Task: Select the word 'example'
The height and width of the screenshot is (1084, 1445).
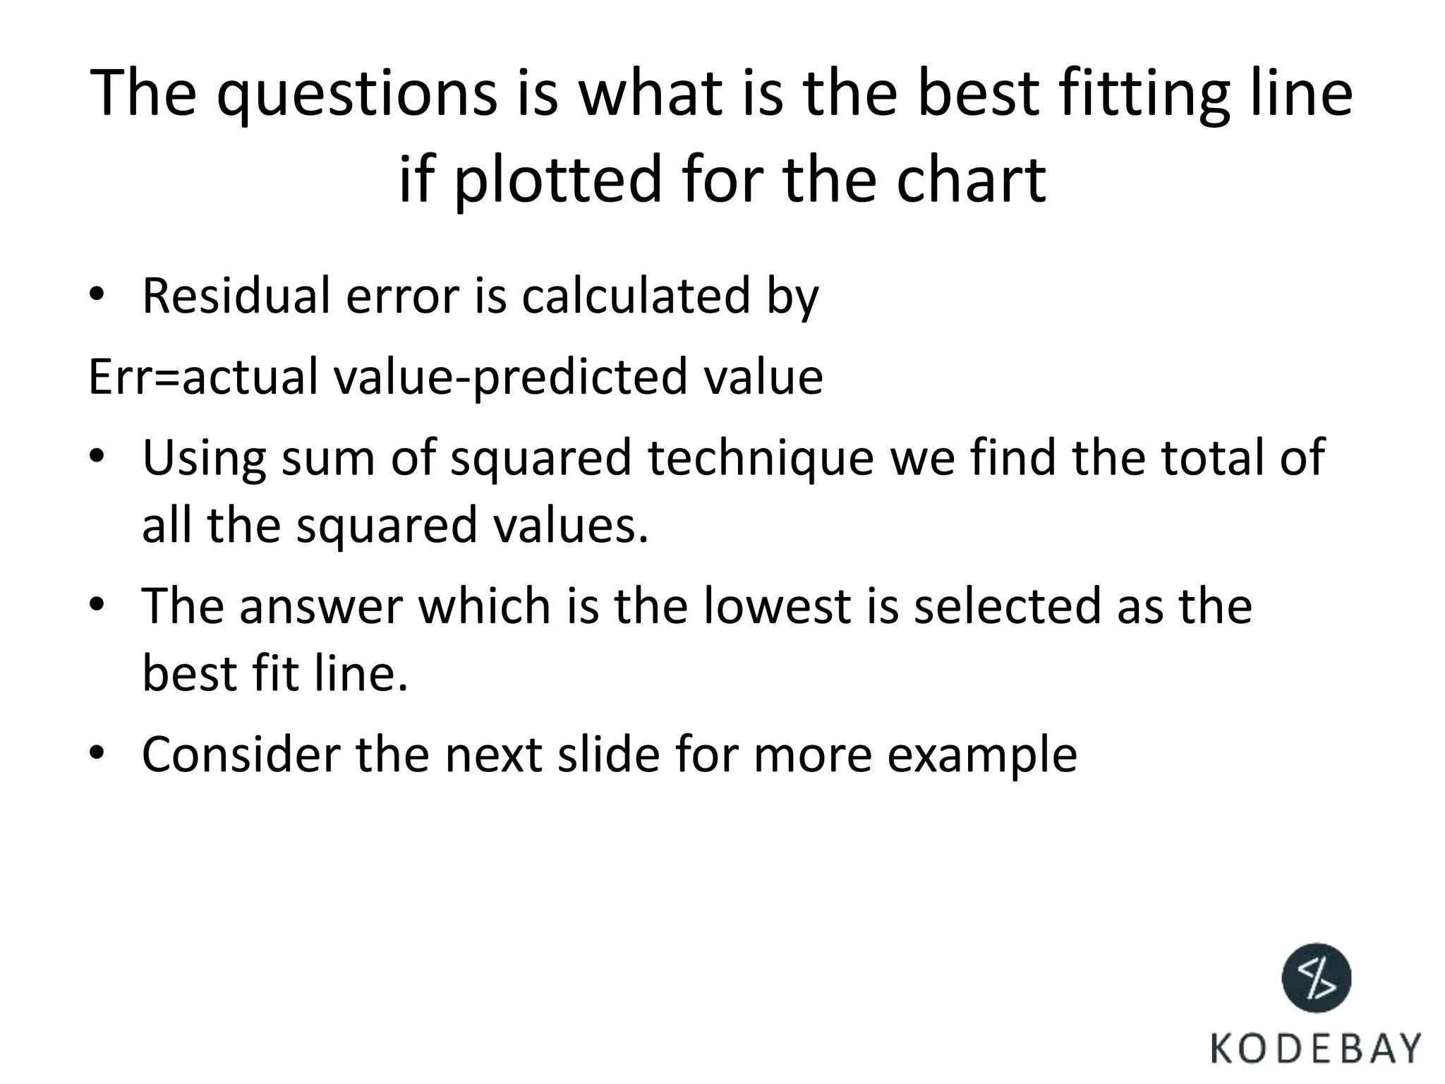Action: [x=981, y=755]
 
